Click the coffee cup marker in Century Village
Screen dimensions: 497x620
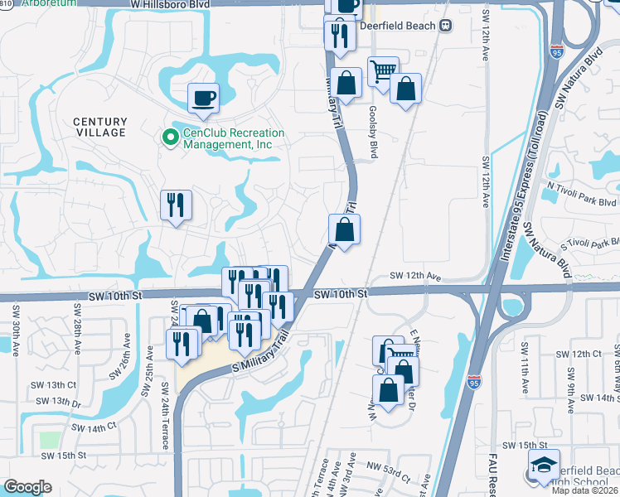pos(203,99)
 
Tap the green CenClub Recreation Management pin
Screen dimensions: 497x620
pos(171,138)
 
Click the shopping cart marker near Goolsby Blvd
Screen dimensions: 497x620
pos(382,72)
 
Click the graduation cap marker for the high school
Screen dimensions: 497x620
pos(544,465)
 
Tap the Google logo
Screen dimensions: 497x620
pos(27,487)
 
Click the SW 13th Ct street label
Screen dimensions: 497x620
pos(56,385)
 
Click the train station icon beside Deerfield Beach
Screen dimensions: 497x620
pos(446,26)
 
